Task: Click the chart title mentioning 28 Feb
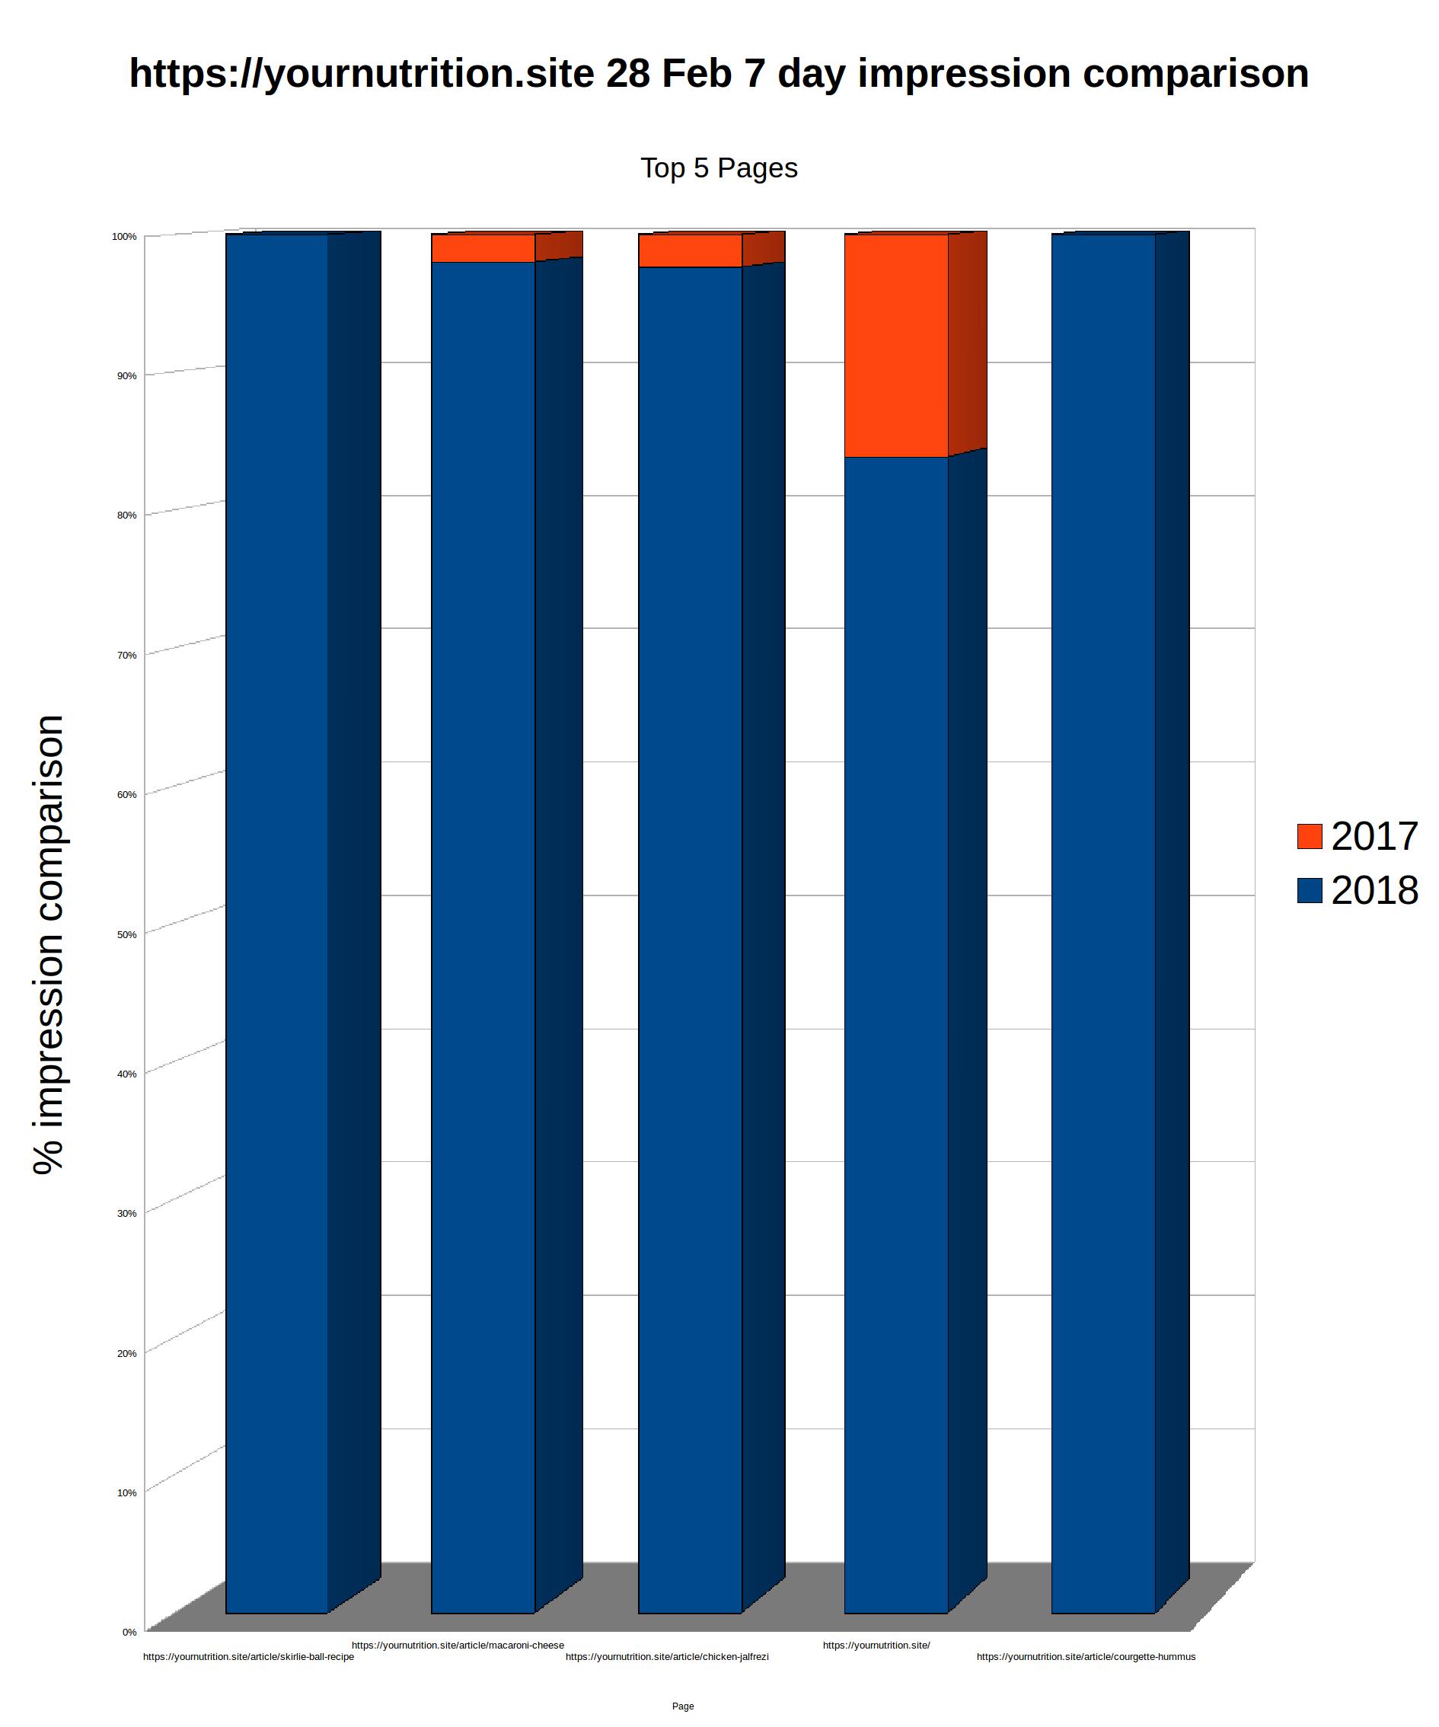tap(719, 74)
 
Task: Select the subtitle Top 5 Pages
tap(719, 168)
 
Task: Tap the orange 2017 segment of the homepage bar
tap(895, 346)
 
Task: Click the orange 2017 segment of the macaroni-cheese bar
tap(483, 248)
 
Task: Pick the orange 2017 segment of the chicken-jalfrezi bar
tap(690, 251)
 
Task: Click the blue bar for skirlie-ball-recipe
tap(276, 905)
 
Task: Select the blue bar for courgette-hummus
tap(1102, 905)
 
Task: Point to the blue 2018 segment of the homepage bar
tap(895, 1028)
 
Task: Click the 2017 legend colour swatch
tap(1309, 836)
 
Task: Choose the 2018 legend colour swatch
tap(1309, 891)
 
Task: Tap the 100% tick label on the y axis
tap(124, 237)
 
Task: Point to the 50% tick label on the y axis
tap(126, 935)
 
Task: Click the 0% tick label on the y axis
tap(129, 1633)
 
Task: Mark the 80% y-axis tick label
tap(126, 516)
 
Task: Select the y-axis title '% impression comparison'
tap(49, 946)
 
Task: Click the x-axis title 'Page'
tap(682, 1706)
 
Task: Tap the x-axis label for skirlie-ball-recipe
tap(248, 1657)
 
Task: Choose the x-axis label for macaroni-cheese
tap(458, 1646)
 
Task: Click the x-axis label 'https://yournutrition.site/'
tap(876, 1646)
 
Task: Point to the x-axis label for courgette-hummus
tap(1086, 1657)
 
